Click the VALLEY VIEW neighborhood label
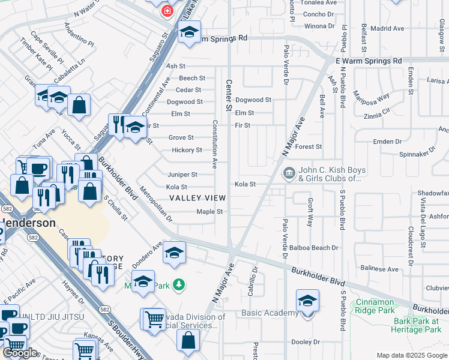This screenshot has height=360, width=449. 197,198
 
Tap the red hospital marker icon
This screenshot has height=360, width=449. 166,10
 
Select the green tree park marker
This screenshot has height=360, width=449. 178,283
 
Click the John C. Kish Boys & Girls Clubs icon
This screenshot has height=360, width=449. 289,174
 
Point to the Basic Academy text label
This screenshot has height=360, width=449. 270,313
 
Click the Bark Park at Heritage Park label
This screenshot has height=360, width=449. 417,325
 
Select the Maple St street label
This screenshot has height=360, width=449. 209,212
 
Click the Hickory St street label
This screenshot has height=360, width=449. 187,150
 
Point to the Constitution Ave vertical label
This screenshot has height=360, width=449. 214,144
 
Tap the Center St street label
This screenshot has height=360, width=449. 229,95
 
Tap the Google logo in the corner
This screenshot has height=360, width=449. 21,352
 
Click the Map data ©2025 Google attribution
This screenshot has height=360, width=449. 411,355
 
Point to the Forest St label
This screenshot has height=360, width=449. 309,146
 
